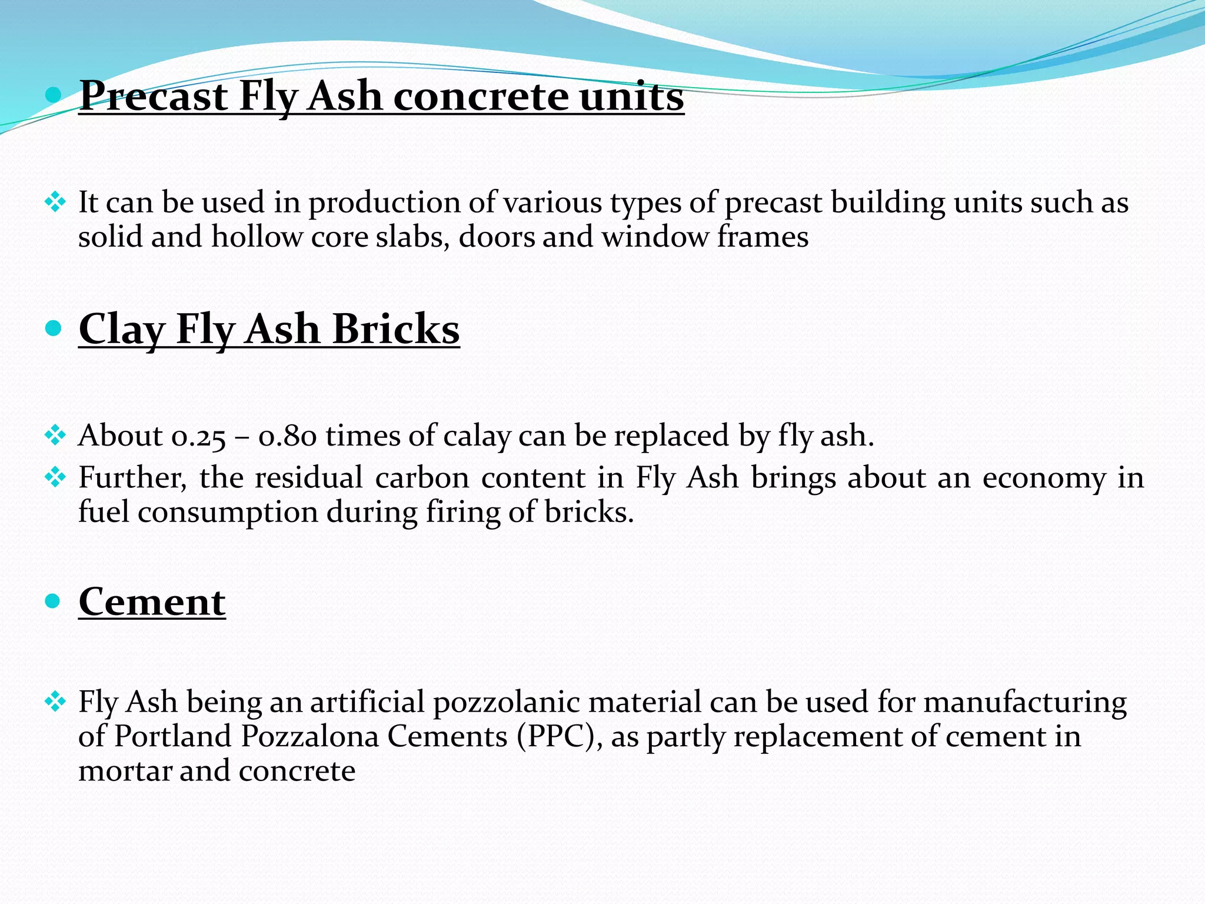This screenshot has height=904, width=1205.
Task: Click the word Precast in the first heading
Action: [153, 96]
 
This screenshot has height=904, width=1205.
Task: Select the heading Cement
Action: [152, 602]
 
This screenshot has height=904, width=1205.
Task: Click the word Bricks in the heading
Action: [395, 329]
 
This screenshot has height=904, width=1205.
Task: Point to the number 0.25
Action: [198, 437]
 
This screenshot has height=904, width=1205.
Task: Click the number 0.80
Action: [288, 437]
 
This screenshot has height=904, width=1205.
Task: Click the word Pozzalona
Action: [309, 736]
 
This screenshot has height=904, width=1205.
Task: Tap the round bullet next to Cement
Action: [53, 601]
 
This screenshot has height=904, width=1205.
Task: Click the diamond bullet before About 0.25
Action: [55, 436]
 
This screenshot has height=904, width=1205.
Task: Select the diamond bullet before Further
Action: [55, 477]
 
